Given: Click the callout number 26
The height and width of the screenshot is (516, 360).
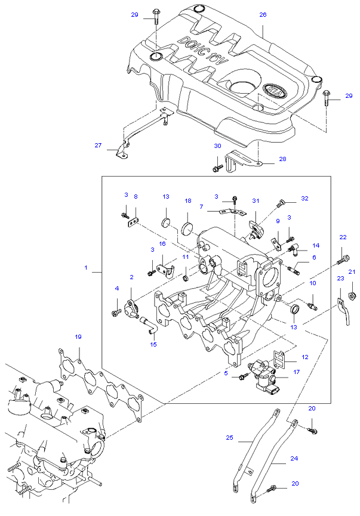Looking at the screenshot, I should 263,14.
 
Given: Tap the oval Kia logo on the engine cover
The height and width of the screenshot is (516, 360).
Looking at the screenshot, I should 274,90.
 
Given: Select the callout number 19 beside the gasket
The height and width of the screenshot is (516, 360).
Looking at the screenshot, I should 78,337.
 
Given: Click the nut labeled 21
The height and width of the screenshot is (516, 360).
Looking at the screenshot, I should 352,294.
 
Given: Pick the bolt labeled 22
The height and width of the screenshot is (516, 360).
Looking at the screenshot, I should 342,259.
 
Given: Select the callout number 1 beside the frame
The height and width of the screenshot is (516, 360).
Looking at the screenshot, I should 86,268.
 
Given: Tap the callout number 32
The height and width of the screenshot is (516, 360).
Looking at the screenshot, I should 304,198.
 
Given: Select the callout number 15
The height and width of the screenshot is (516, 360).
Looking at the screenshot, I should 152,344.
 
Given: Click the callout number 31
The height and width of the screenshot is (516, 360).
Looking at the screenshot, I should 256,200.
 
